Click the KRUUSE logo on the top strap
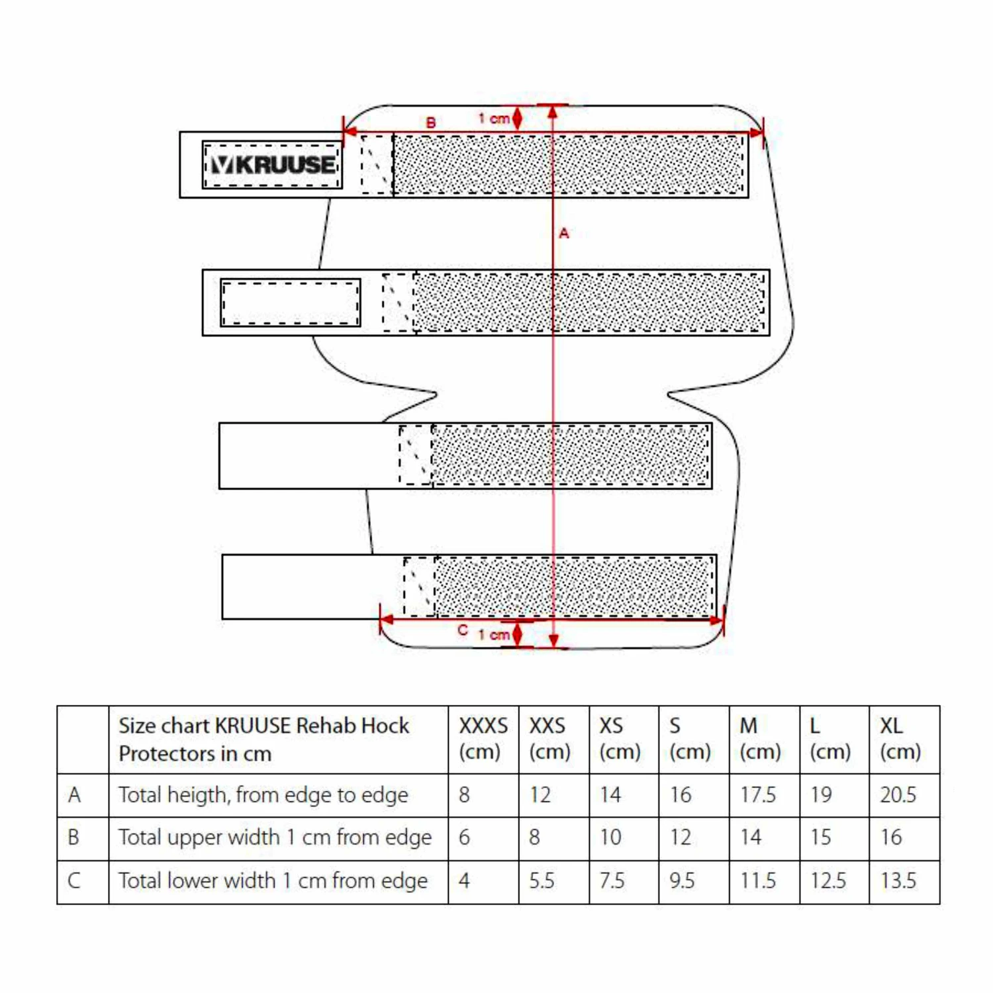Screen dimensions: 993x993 click(x=273, y=164)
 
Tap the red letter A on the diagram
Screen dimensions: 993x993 click(x=564, y=233)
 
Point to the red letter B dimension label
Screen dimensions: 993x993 click(x=431, y=122)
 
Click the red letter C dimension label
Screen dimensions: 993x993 click(x=463, y=630)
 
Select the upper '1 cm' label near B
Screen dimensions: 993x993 click(x=494, y=118)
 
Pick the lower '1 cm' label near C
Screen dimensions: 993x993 click(x=494, y=634)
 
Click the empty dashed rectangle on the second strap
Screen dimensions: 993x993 click(x=290, y=303)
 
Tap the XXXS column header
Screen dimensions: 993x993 click(x=483, y=739)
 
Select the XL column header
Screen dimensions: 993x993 click(x=900, y=739)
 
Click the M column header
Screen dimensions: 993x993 click(x=759, y=739)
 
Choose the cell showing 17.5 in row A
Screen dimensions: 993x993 click(x=757, y=794)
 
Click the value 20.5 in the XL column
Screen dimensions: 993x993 click(x=898, y=794)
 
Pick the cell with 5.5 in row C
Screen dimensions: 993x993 click(x=542, y=881)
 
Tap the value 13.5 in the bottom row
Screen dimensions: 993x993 click(x=898, y=881)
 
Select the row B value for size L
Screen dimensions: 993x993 click(x=820, y=837)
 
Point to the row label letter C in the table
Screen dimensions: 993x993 click(x=74, y=881)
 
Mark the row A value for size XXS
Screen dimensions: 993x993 click(x=540, y=794)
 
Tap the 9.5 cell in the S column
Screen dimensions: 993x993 click(x=682, y=881)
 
